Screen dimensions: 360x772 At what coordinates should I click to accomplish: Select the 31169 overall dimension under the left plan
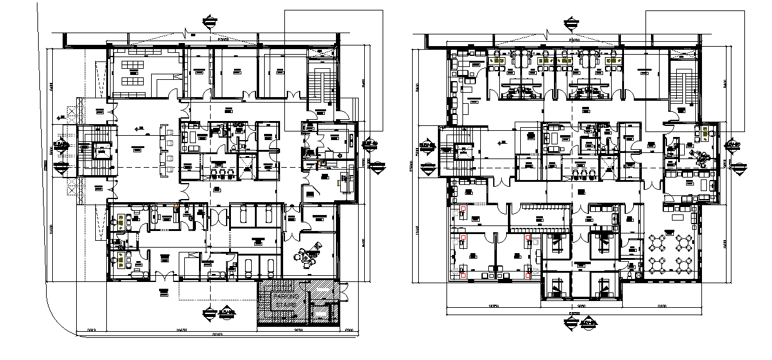218,334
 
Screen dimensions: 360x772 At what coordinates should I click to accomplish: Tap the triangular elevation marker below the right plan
571,321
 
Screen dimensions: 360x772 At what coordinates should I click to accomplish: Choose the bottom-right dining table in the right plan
684,265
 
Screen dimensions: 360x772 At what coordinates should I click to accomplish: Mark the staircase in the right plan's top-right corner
680,84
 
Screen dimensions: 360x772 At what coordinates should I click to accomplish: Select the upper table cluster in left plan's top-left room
131,65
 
